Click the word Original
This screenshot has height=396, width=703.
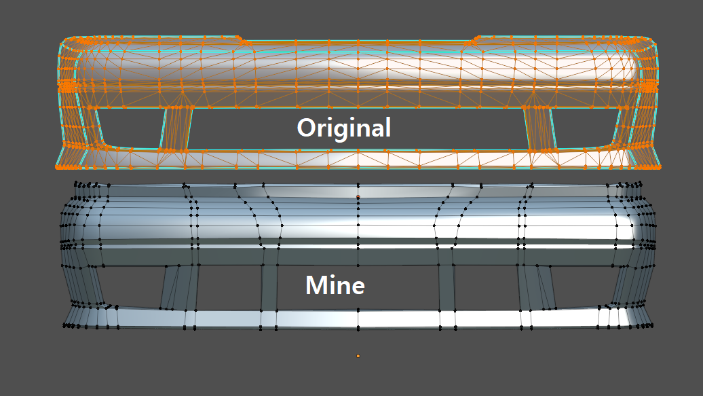(344, 128)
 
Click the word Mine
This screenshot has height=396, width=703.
(335, 285)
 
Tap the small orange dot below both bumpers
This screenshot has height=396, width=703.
(358, 355)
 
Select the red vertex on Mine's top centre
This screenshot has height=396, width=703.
(358, 197)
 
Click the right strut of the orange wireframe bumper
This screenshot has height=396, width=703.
(540, 128)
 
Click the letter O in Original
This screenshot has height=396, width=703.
(308, 128)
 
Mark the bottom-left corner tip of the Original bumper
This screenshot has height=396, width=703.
(56, 166)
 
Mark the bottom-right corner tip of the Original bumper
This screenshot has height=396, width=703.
(660, 166)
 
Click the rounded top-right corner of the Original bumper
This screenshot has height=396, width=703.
(650, 45)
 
